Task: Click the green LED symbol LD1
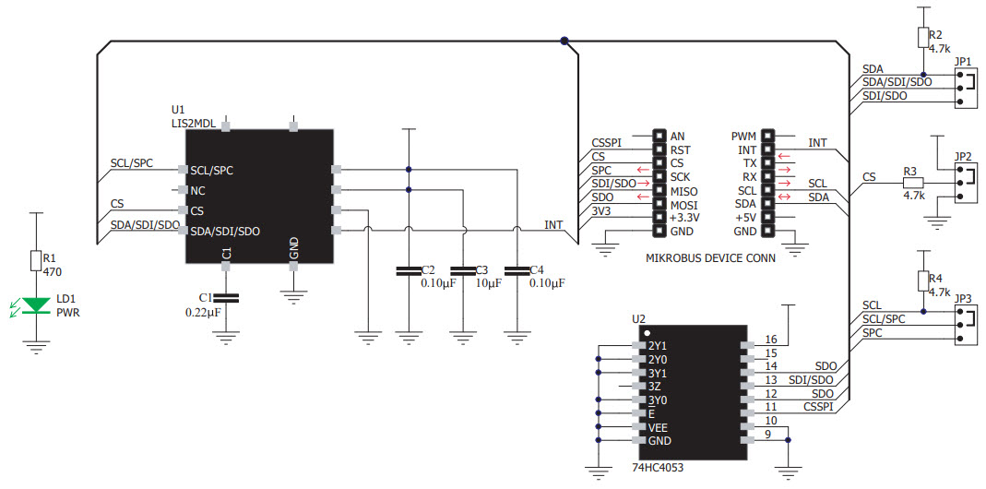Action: tap(36, 304)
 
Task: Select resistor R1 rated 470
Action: tap(36, 260)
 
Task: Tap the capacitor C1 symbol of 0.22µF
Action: tap(225, 297)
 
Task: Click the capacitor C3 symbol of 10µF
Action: tap(462, 270)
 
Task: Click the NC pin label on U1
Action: tap(198, 190)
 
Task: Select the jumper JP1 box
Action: tap(964, 89)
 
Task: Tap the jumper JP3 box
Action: tap(964, 326)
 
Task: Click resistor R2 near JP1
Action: tap(923, 37)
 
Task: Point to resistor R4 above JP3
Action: tap(923, 279)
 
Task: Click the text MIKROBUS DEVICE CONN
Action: tap(711, 258)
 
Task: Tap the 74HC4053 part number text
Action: tap(664, 468)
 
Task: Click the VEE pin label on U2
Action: tap(659, 427)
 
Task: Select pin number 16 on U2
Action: tap(771, 340)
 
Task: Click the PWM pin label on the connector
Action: tap(743, 136)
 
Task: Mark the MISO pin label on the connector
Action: tap(685, 190)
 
